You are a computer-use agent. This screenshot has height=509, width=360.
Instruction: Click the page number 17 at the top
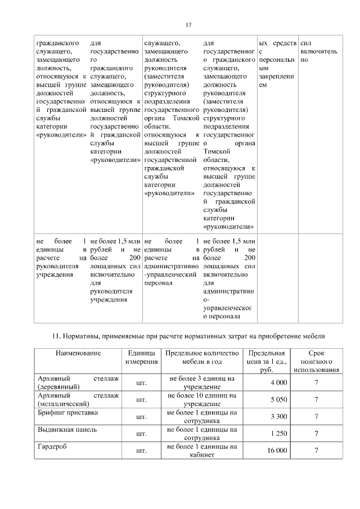click(189, 24)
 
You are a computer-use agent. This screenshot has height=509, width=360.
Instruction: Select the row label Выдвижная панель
click(66, 430)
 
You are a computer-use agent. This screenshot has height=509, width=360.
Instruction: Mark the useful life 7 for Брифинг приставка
click(317, 417)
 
